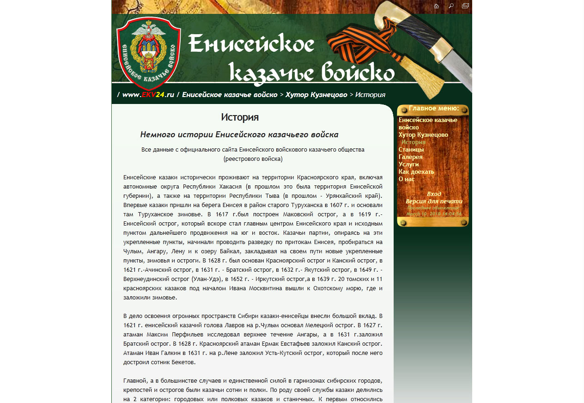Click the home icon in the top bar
pyautogui.click(x=436, y=6)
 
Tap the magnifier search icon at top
pyautogui.click(x=451, y=6)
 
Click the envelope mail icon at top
pyautogui.click(x=465, y=6)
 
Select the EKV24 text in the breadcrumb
pyautogui.click(x=153, y=95)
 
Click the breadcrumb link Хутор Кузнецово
pyautogui.click(x=316, y=95)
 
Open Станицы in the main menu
pyautogui.click(x=411, y=149)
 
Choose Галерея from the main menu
pyautogui.click(x=411, y=157)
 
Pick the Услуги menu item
pyautogui.click(x=409, y=164)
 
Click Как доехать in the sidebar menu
pyautogui.click(x=416, y=171)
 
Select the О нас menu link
pyautogui.click(x=407, y=179)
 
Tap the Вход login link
pyautogui.click(x=434, y=194)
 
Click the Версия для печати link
pyautogui.click(x=434, y=201)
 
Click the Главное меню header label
pyautogui.click(x=433, y=109)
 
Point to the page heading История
pyautogui.click(x=239, y=117)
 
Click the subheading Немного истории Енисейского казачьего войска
pyautogui.click(x=239, y=134)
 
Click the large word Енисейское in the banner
pyautogui.click(x=251, y=44)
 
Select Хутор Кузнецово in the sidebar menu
pyautogui.click(x=423, y=134)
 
